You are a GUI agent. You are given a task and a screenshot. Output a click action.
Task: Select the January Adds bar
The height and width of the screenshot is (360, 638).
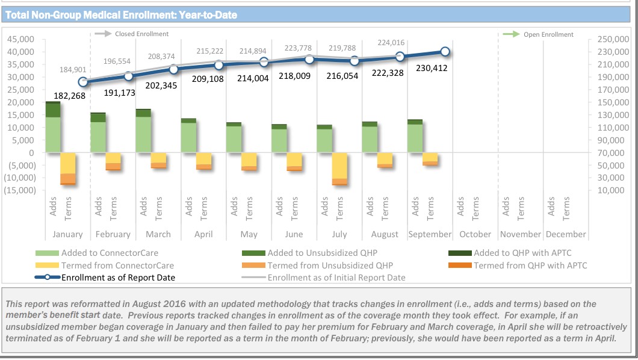pyautogui.click(x=53, y=128)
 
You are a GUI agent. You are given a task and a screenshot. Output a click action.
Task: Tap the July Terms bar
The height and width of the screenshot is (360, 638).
pyautogui.click(x=339, y=169)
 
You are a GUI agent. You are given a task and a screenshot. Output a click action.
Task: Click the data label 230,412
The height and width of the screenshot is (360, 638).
pyautogui.click(x=432, y=68)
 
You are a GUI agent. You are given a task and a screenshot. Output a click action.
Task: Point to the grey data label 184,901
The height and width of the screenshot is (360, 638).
pyautogui.click(x=73, y=70)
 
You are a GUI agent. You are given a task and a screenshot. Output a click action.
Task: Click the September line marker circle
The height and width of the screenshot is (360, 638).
pyautogui.click(x=445, y=52)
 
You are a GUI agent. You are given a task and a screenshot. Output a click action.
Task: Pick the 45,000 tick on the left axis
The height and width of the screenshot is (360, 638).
pyautogui.click(x=20, y=39)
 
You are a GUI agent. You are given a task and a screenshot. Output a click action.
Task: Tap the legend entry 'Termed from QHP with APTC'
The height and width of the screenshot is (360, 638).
pyautogui.click(x=530, y=265)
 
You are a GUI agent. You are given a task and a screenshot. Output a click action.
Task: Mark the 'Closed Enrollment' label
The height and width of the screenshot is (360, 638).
pyautogui.click(x=141, y=34)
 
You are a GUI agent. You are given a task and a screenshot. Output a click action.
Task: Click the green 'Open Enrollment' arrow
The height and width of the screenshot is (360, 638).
pyautogui.click(x=511, y=34)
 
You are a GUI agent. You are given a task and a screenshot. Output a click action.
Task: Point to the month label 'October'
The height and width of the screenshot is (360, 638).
pyautogui.click(x=475, y=234)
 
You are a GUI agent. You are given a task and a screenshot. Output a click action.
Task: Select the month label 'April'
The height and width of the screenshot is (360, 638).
pyautogui.click(x=203, y=234)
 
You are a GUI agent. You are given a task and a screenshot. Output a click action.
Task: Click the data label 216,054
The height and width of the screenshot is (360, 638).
pyautogui.click(x=341, y=76)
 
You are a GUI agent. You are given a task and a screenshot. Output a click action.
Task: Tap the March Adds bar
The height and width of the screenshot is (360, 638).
pyautogui.click(x=143, y=131)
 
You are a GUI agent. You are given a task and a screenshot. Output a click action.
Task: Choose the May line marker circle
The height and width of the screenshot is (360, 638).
pyautogui.click(x=264, y=62)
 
